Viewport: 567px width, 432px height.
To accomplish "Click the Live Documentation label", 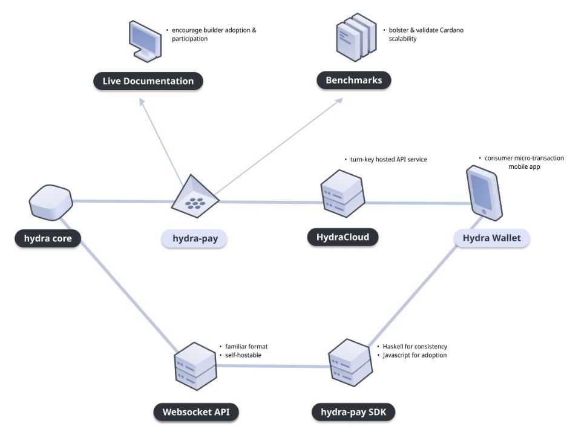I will (x=148, y=81).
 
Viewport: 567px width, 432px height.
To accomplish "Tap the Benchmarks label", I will (x=353, y=80).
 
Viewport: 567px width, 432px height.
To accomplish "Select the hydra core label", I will (x=48, y=238).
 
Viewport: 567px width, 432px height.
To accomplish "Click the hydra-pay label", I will (x=194, y=239).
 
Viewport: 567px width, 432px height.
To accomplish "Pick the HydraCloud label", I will (x=342, y=237).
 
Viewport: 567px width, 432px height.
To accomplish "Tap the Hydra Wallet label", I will (x=491, y=238).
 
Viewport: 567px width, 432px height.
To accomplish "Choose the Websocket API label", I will (x=196, y=413).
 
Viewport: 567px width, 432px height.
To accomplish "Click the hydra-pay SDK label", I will (x=353, y=413).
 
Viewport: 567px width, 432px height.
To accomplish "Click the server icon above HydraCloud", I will (x=341, y=194).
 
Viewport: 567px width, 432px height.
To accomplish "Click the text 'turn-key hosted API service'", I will (x=388, y=159).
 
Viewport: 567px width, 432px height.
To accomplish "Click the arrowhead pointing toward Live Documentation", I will (x=143, y=102).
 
